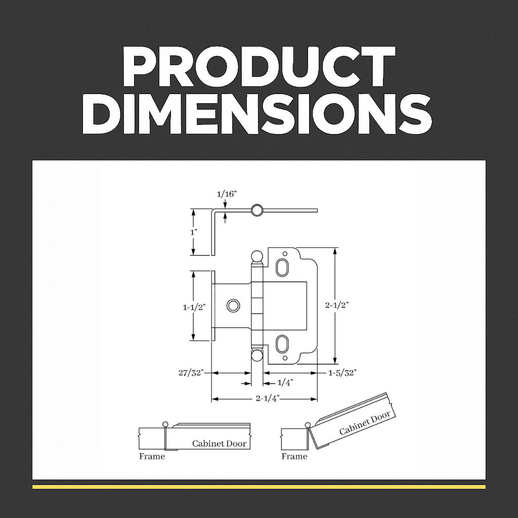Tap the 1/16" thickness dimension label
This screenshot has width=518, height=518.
(x=227, y=194)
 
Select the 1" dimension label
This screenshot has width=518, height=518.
(x=194, y=232)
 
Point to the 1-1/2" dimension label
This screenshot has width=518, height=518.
(x=194, y=307)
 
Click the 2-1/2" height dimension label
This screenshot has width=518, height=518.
(x=337, y=305)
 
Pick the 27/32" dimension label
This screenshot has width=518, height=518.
(x=191, y=373)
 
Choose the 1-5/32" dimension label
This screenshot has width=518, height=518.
(x=342, y=373)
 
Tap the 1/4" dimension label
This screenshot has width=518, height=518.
(x=285, y=383)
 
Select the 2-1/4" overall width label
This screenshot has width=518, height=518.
(x=268, y=399)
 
